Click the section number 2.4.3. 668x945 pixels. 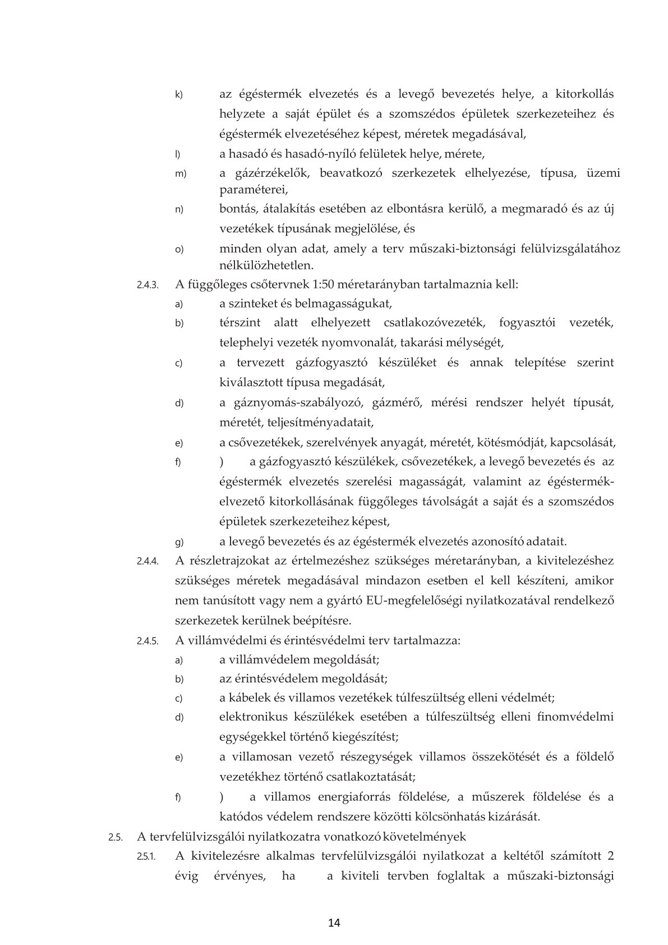click(x=148, y=285)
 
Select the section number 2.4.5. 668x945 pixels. click(x=148, y=640)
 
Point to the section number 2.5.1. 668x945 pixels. click(x=148, y=857)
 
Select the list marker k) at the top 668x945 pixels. click(x=179, y=94)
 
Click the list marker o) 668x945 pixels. click(x=179, y=249)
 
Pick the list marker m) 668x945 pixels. click(x=180, y=173)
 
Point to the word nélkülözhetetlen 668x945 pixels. click(x=266, y=264)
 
